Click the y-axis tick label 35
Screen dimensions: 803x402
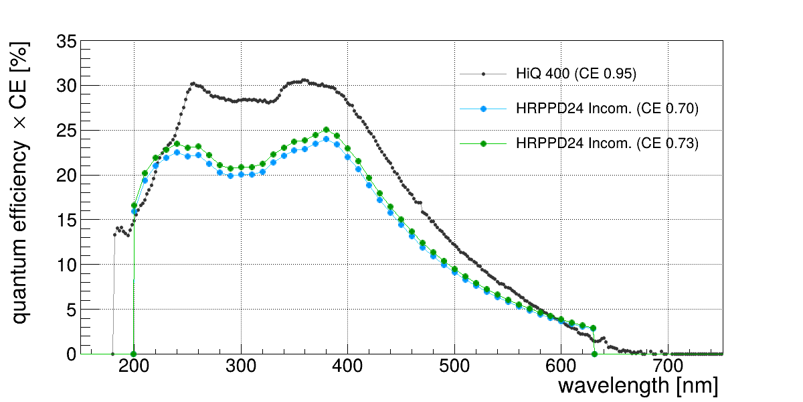click(x=66, y=42)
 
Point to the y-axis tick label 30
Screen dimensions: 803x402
click(x=66, y=86)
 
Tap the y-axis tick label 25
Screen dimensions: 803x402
click(x=66, y=131)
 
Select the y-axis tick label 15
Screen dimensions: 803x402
click(x=66, y=220)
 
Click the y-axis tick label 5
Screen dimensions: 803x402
click(x=72, y=310)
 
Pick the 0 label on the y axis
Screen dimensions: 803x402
click(x=72, y=354)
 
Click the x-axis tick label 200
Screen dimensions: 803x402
click(x=134, y=366)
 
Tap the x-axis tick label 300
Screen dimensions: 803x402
click(x=241, y=366)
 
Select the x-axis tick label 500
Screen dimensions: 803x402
click(x=454, y=366)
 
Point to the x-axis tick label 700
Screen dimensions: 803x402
click(x=668, y=366)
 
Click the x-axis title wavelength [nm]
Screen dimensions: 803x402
click(x=638, y=386)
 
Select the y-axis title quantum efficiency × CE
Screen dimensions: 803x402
click(x=19, y=183)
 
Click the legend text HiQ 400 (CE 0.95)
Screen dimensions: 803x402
click(x=576, y=74)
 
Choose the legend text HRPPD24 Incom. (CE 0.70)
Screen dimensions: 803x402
click(x=608, y=109)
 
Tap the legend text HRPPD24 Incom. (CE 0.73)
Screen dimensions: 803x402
click(x=608, y=143)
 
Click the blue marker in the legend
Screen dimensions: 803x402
click(x=483, y=109)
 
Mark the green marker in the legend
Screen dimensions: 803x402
click(x=483, y=143)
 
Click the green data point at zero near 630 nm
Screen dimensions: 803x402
click(x=594, y=354)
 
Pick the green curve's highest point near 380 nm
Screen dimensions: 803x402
click(x=327, y=129)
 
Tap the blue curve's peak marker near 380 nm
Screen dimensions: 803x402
click(x=327, y=139)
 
